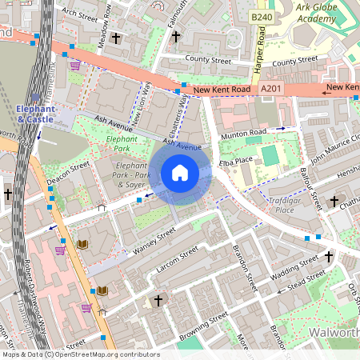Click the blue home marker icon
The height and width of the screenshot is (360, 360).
[x=180, y=173]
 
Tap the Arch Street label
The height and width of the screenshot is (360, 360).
[x=79, y=14]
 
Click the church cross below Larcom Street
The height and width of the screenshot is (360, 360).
[x=158, y=301]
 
